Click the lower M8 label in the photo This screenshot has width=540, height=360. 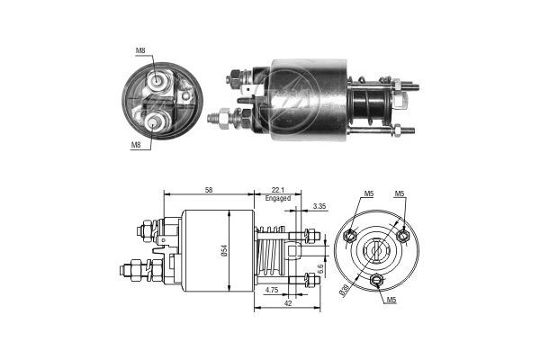click(x=136, y=144)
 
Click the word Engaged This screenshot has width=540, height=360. click(x=278, y=198)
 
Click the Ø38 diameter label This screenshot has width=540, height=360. click(x=345, y=290)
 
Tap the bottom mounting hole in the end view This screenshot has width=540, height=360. click(x=378, y=281)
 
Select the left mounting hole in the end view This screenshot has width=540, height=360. click(x=351, y=237)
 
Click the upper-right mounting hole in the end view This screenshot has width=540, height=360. click(x=404, y=236)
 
